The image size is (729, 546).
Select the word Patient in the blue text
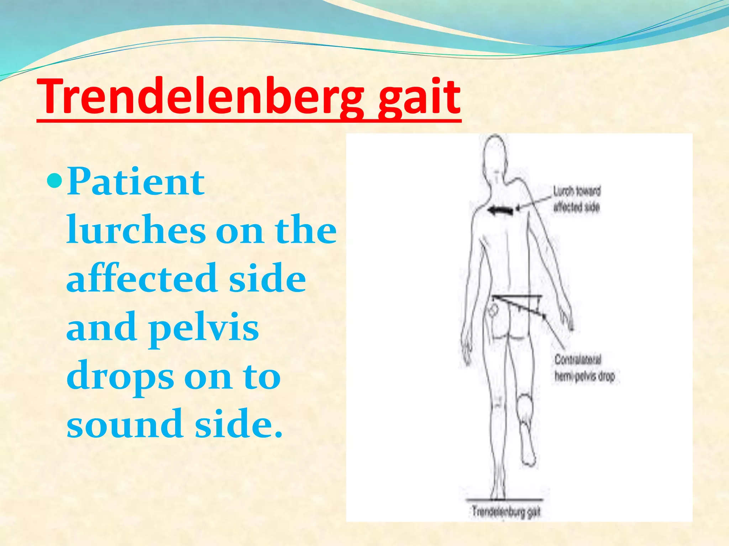pyautogui.click(x=136, y=182)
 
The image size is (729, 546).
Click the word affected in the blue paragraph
pyautogui.click(x=142, y=279)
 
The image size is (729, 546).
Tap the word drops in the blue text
pyautogui.click(x=120, y=377)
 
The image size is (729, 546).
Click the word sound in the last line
pyautogui.click(x=125, y=424)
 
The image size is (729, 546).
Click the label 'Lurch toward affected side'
pyautogui.click(x=577, y=199)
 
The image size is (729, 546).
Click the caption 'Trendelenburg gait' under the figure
pyautogui.click(x=506, y=512)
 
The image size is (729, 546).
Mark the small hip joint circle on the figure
pyautogui.click(x=494, y=310)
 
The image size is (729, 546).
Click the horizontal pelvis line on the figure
pyautogui.click(x=516, y=296)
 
